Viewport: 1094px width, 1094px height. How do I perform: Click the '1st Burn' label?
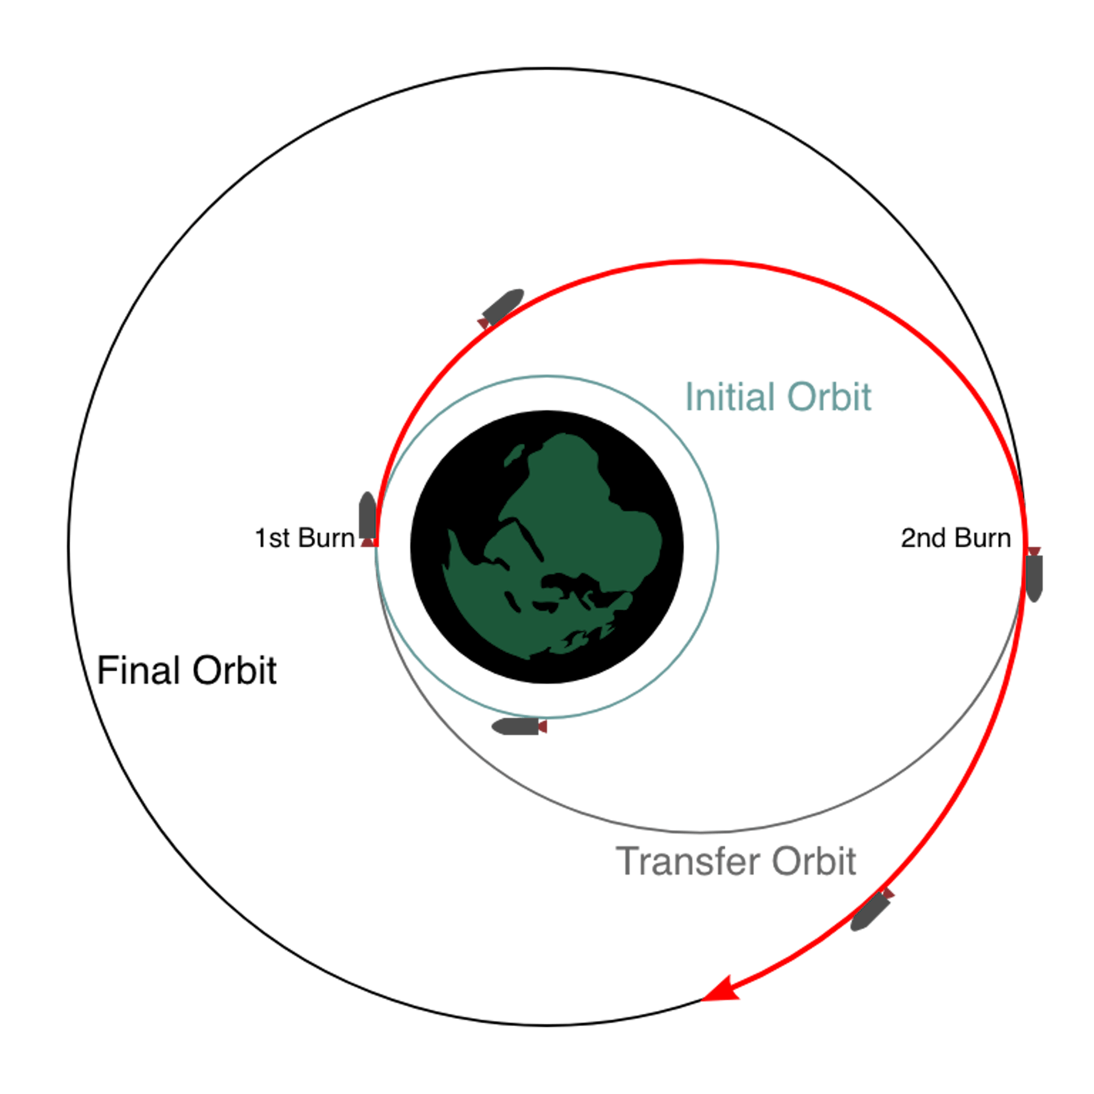(x=305, y=538)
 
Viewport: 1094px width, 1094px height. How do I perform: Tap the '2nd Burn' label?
(x=956, y=538)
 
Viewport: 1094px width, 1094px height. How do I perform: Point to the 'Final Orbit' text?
(x=187, y=670)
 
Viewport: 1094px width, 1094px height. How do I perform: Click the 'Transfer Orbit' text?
(x=736, y=861)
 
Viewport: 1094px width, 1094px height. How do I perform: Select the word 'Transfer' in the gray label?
(x=688, y=861)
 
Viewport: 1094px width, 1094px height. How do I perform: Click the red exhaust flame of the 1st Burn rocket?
(x=369, y=542)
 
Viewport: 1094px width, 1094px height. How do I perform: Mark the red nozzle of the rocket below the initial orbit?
(x=542, y=726)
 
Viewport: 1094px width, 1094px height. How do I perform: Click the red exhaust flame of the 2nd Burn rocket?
(x=1034, y=552)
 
